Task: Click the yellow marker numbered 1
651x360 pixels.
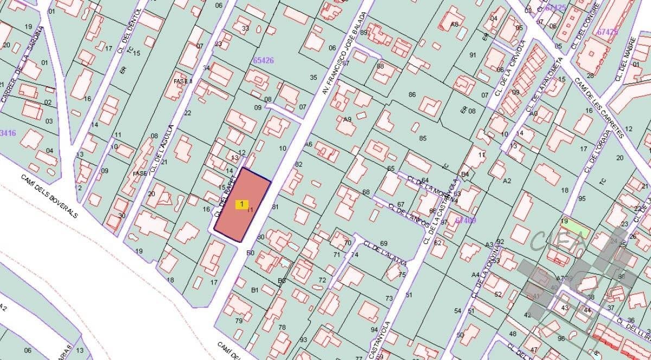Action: [241, 204]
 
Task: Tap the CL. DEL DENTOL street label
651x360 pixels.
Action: [129, 31]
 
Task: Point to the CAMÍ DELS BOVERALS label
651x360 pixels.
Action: [50, 196]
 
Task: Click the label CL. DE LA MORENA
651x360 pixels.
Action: [431, 188]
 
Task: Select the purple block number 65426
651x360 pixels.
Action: [263, 61]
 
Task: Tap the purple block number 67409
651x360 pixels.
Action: [465, 220]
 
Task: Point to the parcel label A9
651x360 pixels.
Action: [348, 119]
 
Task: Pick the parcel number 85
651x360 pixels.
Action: [423, 138]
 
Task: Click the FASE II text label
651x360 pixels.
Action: [183, 81]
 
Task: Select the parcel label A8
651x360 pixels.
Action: [455, 24]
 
